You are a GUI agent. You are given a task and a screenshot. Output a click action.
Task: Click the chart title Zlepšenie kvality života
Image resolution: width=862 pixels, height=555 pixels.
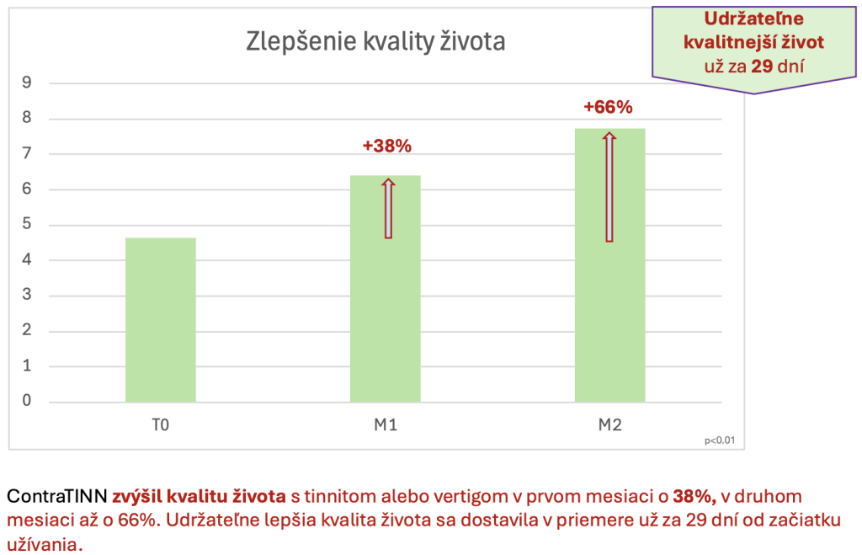[375, 40]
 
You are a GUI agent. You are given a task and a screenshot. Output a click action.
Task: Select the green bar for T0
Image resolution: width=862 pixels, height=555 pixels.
[161, 320]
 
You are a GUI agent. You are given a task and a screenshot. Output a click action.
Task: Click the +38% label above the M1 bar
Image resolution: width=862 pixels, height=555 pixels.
[386, 146]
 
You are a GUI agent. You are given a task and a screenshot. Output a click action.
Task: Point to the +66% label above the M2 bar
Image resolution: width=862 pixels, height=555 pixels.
[608, 108]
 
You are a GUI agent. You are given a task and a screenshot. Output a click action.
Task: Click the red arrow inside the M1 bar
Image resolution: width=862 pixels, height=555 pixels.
[388, 209]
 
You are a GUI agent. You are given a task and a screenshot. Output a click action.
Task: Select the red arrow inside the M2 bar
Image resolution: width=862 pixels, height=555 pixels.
[609, 187]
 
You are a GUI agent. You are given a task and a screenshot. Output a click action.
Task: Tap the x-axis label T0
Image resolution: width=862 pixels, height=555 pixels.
[161, 425]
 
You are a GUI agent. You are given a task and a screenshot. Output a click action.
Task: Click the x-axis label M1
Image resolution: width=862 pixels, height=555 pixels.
[386, 425]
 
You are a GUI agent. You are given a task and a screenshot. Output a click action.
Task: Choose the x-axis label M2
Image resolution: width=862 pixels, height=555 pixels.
[609, 425]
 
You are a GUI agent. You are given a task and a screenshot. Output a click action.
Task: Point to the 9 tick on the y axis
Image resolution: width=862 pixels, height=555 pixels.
[27, 83]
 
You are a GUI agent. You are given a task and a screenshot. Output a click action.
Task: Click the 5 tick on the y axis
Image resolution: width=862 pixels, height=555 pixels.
[27, 224]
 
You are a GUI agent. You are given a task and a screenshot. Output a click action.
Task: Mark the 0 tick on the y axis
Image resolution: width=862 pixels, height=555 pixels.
[27, 401]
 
